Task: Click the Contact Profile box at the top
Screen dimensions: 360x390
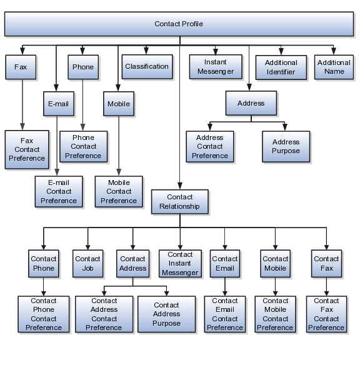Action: tap(179, 24)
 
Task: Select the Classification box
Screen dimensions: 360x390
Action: tap(147, 67)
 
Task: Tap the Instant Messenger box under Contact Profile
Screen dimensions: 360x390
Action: tap(216, 67)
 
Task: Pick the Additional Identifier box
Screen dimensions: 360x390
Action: tap(281, 67)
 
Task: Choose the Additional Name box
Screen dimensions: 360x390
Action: tap(334, 67)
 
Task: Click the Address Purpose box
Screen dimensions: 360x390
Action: tap(286, 146)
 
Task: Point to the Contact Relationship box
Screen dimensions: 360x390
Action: tap(179, 202)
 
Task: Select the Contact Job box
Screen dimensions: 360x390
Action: tap(87, 264)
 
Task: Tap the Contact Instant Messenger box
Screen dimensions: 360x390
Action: tap(180, 264)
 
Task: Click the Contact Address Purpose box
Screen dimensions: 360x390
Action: tap(166, 314)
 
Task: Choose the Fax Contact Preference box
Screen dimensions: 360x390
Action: tap(27, 149)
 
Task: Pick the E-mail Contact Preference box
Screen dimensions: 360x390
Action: tap(59, 191)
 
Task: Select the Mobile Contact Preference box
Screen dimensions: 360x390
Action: tap(119, 191)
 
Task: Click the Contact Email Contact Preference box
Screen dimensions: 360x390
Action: tap(225, 314)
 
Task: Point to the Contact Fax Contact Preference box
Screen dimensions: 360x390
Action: tap(326, 314)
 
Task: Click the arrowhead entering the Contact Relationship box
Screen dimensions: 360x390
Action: tap(180, 186)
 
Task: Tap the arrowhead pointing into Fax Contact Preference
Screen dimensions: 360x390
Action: tap(22, 127)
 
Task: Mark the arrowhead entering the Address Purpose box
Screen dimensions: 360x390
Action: tap(285, 127)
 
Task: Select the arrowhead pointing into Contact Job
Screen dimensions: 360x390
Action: tap(88, 247)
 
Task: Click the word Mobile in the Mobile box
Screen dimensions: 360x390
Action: tap(119, 104)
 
